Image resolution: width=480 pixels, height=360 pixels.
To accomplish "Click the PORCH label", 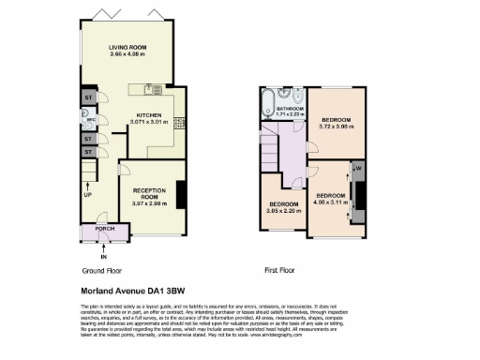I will click(105, 229).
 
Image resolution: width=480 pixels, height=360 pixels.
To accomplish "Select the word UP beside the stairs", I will click(87, 195).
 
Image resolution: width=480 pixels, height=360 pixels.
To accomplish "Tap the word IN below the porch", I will click(104, 256).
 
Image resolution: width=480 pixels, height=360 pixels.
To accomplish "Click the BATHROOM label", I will click(290, 109).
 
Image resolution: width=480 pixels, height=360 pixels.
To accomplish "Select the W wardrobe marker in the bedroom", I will click(358, 170).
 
